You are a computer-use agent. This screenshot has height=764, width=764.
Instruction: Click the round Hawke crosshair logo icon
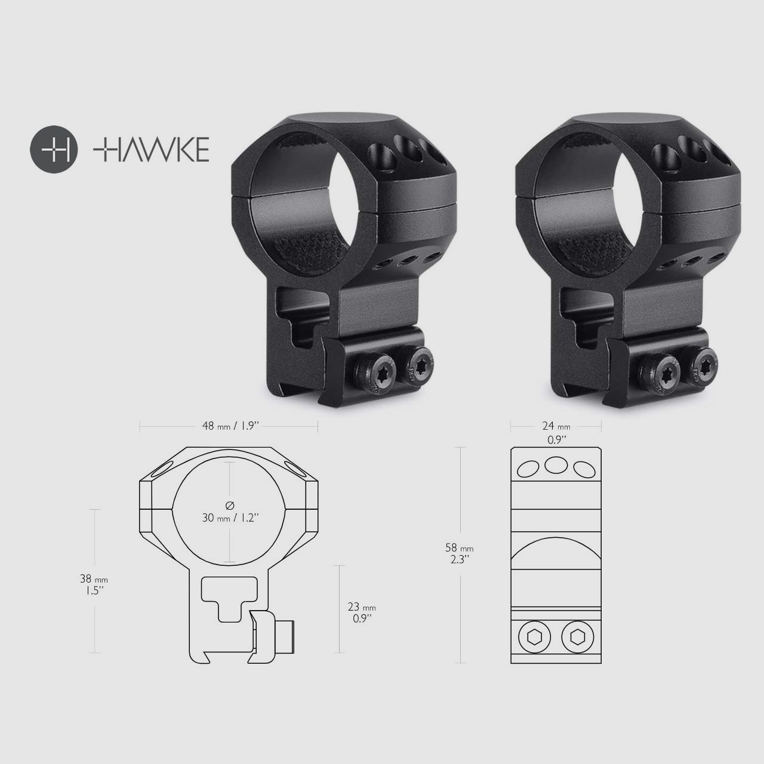tap(54, 148)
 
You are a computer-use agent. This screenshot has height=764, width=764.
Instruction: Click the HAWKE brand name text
tap(151, 149)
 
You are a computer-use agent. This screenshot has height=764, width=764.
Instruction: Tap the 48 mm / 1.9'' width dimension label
tap(230, 426)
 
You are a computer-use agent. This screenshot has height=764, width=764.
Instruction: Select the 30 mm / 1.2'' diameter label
tap(230, 517)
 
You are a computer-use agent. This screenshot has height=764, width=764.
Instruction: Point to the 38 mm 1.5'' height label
tap(94, 583)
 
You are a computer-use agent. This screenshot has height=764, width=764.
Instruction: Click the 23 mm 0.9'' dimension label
tap(362, 612)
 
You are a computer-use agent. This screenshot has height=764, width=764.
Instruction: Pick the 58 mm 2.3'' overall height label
tap(460, 553)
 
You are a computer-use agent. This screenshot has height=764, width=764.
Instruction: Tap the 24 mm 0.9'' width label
tap(556, 432)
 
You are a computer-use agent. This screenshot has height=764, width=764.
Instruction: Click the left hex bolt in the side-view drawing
tap(532, 637)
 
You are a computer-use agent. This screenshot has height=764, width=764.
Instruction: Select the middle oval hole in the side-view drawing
tap(556, 464)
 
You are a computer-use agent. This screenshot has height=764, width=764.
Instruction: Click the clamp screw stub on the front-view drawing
tap(288, 637)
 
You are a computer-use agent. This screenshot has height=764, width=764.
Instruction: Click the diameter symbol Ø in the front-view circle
tap(230, 506)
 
